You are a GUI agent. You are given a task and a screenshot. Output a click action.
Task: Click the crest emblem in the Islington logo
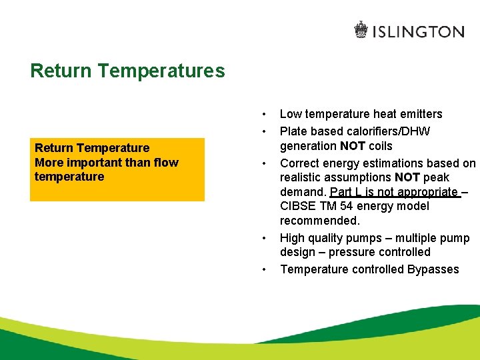(x=361, y=30)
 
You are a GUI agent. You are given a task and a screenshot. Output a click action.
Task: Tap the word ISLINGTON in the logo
(x=418, y=31)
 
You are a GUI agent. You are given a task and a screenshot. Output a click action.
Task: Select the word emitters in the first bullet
(x=421, y=114)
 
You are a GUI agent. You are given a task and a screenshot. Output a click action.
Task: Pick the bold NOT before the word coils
(x=354, y=146)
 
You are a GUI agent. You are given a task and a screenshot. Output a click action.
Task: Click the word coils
(x=380, y=146)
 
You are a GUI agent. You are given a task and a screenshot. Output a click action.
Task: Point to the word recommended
(x=319, y=221)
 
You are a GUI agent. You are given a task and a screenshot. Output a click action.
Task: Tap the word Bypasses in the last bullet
(x=434, y=269)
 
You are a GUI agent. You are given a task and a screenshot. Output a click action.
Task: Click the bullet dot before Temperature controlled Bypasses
(x=265, y=269)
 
